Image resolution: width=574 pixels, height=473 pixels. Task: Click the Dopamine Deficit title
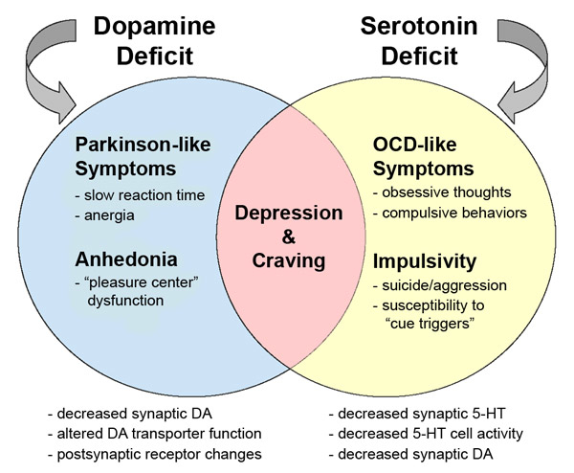click(164, 37)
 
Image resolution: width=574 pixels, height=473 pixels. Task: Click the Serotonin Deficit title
click(409, 37)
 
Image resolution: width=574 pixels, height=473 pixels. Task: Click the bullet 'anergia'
click(110, 215)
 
